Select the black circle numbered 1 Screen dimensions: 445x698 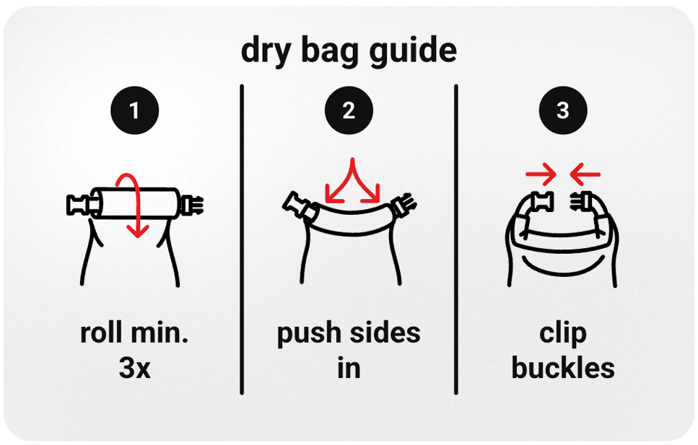pos(134,111)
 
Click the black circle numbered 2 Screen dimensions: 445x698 pos(349,111)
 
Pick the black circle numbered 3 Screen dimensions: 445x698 pos(563,111)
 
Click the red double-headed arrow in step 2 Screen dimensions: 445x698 pos(352,180)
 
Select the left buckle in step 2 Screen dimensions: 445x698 pos(296,205)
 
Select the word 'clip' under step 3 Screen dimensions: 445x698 pos(563,335)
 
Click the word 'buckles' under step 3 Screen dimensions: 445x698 pos(563,369)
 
